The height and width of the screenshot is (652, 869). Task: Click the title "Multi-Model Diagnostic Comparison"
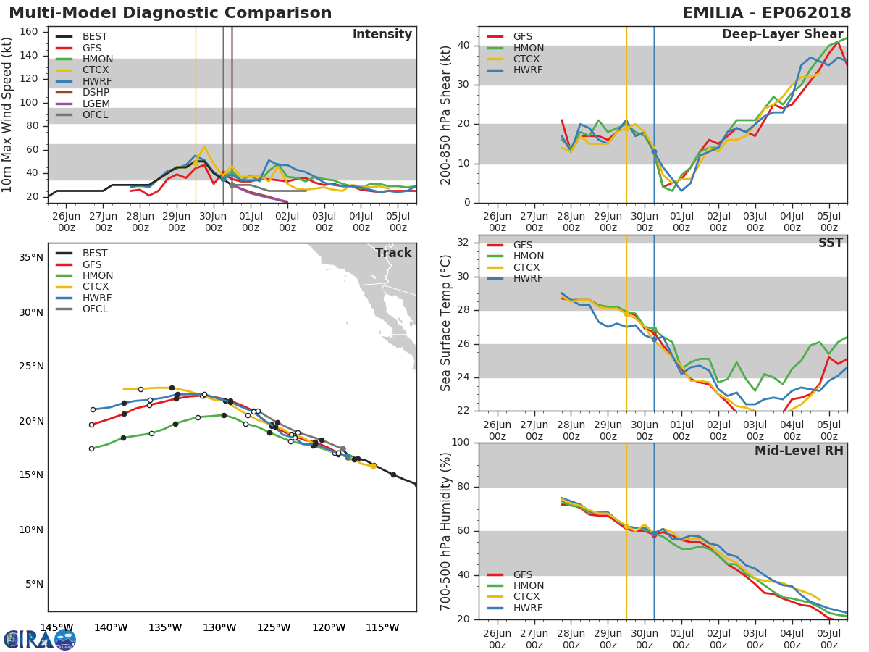170,13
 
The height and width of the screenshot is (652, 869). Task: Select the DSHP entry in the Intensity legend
96,93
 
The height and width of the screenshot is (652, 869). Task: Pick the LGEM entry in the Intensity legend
96,104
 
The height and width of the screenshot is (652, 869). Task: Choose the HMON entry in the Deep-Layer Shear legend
528,48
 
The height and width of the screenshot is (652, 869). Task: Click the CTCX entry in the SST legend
528,267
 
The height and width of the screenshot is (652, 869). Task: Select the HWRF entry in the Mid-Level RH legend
528,608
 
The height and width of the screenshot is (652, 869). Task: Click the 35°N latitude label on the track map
30,257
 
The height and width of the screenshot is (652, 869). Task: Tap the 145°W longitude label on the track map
56,627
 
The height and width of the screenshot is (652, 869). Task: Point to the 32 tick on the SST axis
463,243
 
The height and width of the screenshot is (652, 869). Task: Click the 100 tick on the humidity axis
461,443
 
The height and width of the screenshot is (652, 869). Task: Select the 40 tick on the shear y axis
463,46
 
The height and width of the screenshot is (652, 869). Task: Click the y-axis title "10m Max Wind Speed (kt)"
8,114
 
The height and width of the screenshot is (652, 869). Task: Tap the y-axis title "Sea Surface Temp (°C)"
446,322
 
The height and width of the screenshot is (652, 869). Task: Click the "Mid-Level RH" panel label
798,451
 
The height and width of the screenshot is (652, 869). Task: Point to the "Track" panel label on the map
393,253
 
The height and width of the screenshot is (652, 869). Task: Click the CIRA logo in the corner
40,639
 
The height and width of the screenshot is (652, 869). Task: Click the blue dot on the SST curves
654,338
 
